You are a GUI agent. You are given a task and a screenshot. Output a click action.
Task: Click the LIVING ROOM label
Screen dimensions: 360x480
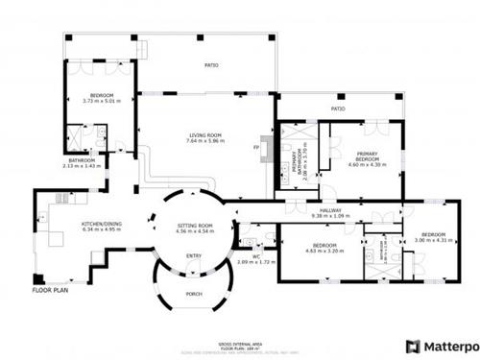pyautogui.click(x=204, y=135)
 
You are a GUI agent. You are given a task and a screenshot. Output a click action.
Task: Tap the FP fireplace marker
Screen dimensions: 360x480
pyautogui.click(x=256, y=147)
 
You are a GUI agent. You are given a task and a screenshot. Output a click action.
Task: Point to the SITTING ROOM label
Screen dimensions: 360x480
pyautogui.click(x=194, y=225)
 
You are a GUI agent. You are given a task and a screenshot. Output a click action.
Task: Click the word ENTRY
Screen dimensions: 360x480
pyautogui.click(x=194, y=255)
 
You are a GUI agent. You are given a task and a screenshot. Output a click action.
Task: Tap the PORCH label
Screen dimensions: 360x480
pyautogui.click(x=194, y=295)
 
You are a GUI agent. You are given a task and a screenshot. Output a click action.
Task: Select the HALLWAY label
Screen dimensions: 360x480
pyautogui.click(x=331, y=210)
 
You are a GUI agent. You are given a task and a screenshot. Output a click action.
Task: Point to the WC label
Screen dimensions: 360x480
pyautogui.click(x=256, y=255)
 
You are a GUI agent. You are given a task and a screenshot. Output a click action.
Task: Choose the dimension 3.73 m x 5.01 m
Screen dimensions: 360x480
pyautogui.click(x=102, y=101)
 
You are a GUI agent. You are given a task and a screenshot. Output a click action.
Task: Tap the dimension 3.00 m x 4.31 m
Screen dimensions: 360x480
pyautogui.click(x=434, y=239)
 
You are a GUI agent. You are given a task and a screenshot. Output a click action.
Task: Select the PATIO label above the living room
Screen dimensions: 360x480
pyautogui.click(x=210, y=65)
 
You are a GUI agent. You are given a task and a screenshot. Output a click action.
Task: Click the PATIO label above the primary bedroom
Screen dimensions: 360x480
pyautogui.click(x=338, y=109)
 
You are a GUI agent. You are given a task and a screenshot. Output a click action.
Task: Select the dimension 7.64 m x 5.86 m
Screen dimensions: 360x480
pyautogui.click(x=204, y=141)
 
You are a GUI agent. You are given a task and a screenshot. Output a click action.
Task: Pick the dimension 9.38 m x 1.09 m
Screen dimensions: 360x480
pyautogui.click(x=331, y=216)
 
